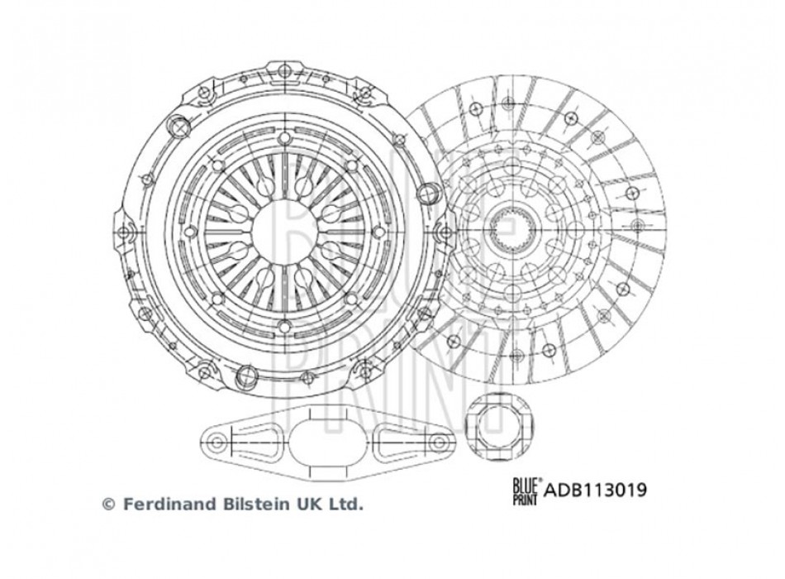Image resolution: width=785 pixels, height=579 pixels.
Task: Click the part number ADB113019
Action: click(x=595, y=490)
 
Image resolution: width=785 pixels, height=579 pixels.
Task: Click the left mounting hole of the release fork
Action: click(x=216, y=443)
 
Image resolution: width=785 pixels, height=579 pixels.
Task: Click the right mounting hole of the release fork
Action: click(x=439, y=443)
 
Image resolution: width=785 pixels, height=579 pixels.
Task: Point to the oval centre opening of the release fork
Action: click(x=327, y=443)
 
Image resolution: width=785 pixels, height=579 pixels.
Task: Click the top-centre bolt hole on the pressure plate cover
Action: click(x=284, y=70)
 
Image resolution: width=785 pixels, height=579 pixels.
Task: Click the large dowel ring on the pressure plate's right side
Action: click(x=427, y=193)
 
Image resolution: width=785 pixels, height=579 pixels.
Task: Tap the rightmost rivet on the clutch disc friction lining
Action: click(x=637, y=224)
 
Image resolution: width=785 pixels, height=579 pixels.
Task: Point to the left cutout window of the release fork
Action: click(x=255, y=442)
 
